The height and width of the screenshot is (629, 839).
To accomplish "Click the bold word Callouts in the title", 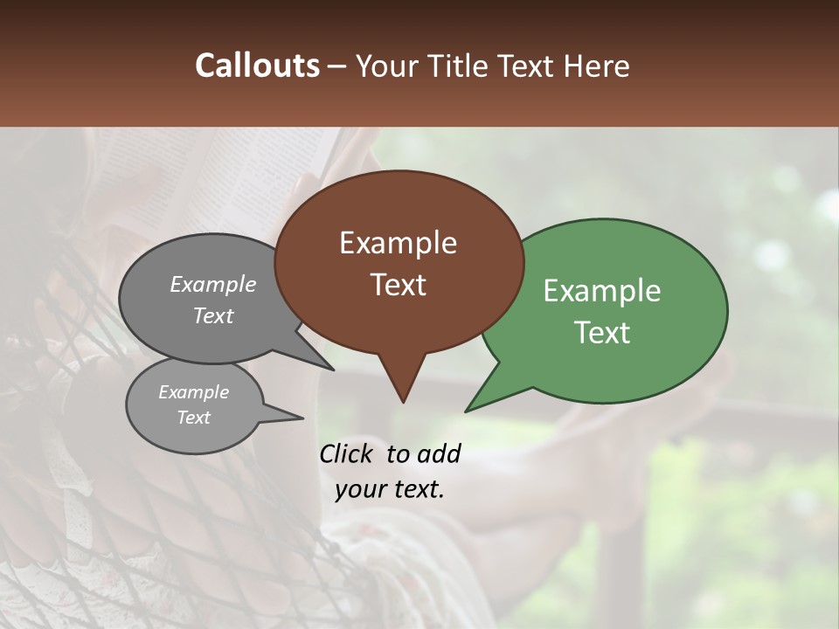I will click(x=258, y=66).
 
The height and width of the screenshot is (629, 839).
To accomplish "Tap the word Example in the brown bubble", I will click(x=398, y=243).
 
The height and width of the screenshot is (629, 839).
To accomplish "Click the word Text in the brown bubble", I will click(x=398, y=285).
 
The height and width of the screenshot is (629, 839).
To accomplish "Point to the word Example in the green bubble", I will click(x=602, y=291).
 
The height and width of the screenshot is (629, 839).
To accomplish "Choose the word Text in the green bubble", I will click(x=602, y=333).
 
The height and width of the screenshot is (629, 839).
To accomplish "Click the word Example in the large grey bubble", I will click(x=213, y=284).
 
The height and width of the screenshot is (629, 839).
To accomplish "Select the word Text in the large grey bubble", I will click(x=213, y=315).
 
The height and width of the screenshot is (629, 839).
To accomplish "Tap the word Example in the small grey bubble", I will click(x=193, y=392).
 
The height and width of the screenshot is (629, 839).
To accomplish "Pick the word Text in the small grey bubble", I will click(x=193, y=418).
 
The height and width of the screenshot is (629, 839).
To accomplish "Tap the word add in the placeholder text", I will click(x=439, y=453).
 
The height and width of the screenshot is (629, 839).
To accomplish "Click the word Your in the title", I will click(x=385, y=66).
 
